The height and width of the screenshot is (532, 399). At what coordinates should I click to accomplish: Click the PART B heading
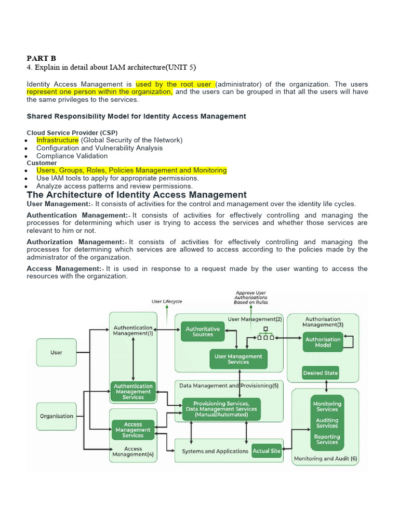pyautogui.click(x=41, y=58)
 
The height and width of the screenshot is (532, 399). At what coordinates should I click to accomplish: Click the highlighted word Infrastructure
pyautogui.click(x=57, y=140)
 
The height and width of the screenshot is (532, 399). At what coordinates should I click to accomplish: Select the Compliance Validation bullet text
pyautogui.click(x=72, y=156)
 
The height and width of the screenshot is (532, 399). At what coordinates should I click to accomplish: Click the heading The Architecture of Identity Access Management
pyautogui.click(x=137, y=195)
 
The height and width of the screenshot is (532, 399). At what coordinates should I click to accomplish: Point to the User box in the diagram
pyautogui.click(x=56, y=352)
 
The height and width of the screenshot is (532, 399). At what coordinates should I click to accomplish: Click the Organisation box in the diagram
pyautogui.click(x=56, y=416)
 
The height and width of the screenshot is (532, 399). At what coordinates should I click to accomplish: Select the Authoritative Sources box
pyautogui.click(x=203, y=331)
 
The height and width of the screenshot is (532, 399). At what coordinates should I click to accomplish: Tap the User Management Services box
pyautogui.click(x=238, y=359)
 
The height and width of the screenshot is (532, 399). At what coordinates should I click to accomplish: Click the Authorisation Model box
pyautogui.click(x=323, y=342)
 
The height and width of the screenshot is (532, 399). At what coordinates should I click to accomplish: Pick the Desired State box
pyautogui.click(x=320, y=373)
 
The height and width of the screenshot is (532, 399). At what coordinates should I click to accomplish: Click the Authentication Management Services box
pyautogui.click(x=133, y=392)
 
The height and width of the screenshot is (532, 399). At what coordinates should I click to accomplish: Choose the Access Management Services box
pyautogui.click(x=133, y=430)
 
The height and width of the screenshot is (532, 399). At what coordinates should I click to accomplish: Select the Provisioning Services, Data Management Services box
pyautogui.click(x=221, y=409)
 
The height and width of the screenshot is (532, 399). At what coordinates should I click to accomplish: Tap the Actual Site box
pyautogui.click(x=267, y=451)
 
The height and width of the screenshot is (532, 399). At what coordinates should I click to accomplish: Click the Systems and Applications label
pyautogui.click(x=215, y=451)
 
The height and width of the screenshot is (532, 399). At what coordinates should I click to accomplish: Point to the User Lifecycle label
pyautogui.click(x=167, y=301)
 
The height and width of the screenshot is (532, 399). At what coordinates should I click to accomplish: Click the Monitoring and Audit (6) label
pyautogui.click(x=325, y=459)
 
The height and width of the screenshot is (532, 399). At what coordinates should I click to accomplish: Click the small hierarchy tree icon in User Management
pyautogui.click(x=265, y=334)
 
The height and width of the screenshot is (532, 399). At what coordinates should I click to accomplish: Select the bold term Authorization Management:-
pyautogui.click(x=77, y=242)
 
